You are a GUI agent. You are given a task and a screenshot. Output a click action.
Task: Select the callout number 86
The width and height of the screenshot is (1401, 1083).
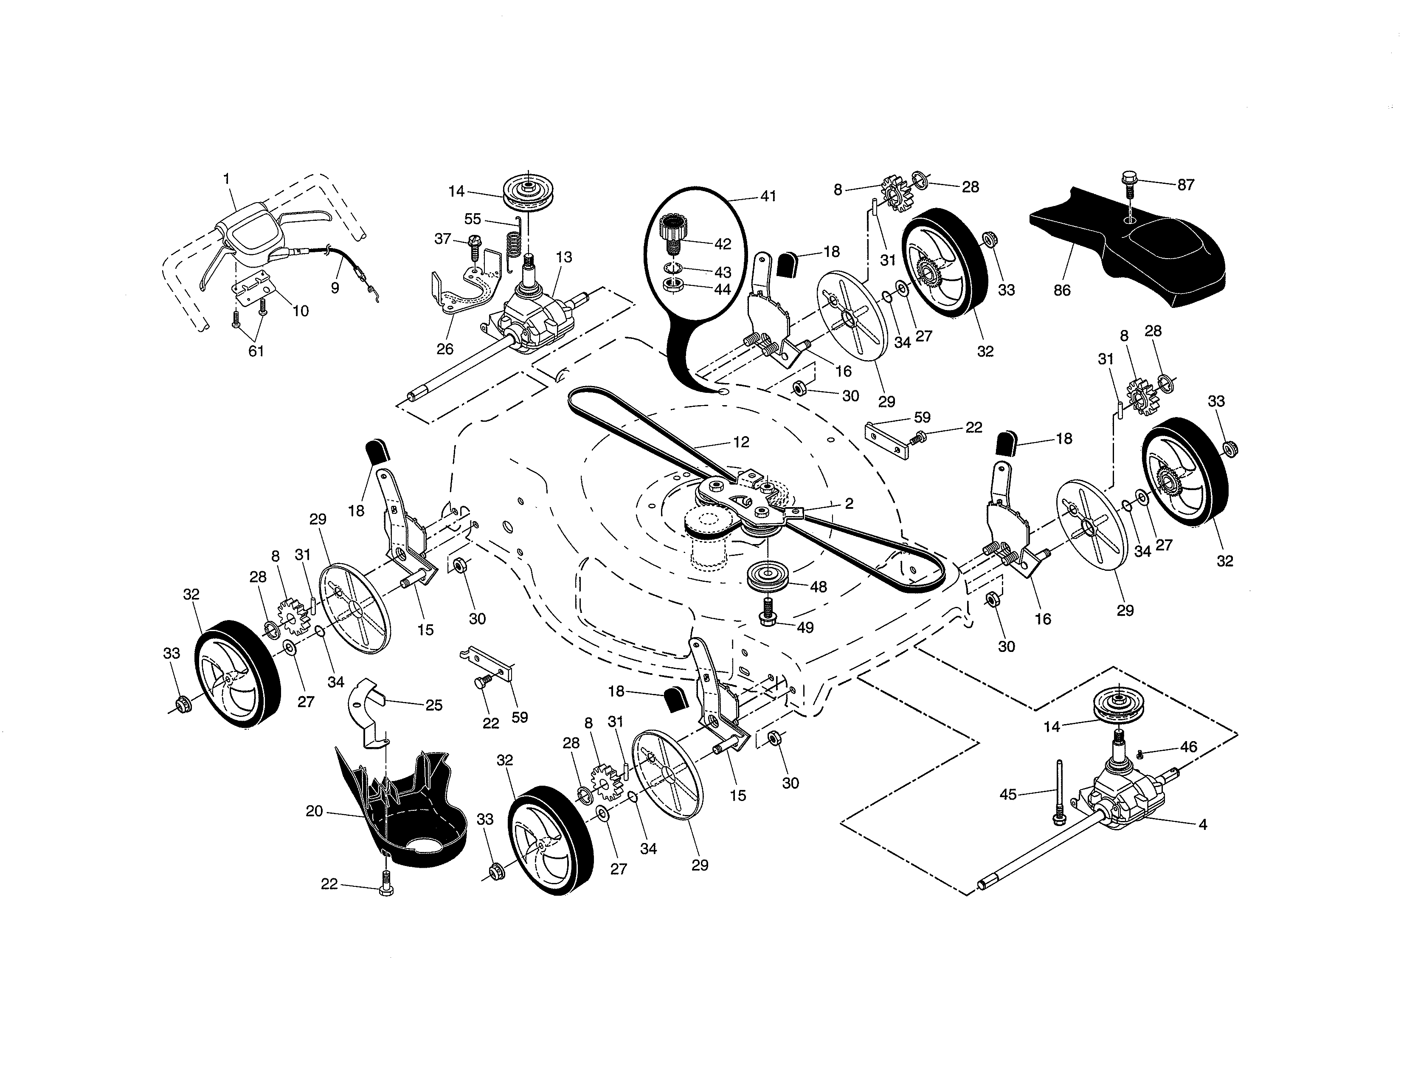coord(1062,290)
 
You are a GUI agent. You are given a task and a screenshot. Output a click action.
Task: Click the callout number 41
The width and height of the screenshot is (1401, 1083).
coord(768,196)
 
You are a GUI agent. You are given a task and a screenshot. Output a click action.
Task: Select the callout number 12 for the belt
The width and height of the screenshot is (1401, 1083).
coord(741,442)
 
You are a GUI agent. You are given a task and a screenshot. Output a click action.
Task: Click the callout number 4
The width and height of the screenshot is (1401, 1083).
coord(1202,824)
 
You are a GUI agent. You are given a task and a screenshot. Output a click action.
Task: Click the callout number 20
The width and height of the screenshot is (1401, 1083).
coord(314,812)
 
